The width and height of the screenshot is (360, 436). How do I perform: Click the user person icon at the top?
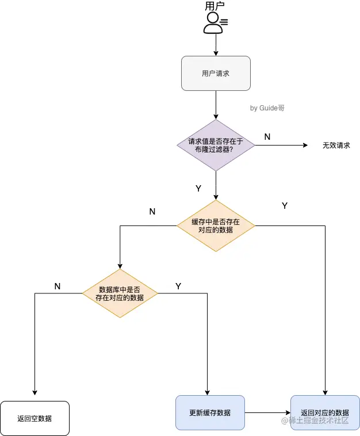tap(215, 22)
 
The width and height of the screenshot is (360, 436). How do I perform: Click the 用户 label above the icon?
tap(215, 6)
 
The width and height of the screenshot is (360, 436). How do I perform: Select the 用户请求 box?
tap(216, 73)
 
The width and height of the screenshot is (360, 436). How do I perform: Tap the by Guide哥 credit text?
tap(267, 108)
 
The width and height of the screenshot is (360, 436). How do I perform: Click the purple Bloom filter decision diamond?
tap(216, 146)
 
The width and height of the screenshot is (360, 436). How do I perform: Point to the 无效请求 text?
tap(336, 146)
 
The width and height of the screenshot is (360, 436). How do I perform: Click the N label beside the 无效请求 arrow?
tap(267, 137)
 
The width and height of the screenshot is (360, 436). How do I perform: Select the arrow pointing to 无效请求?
tap(282, 146)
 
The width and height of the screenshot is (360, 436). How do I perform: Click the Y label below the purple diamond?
tap(198, 188)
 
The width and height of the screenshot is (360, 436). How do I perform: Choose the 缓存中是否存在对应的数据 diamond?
tap(216, 225)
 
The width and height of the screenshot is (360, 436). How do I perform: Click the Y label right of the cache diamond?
tap(284, 206)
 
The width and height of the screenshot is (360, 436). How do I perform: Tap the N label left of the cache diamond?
tap(152, 212)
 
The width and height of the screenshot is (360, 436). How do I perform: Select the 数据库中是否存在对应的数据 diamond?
tap(120, 293)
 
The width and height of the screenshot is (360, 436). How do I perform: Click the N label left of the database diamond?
tap(57, 286)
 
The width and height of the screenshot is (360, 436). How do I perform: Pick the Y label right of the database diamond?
tap(178, 286)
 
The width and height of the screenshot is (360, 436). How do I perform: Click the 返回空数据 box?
tap(35, 418)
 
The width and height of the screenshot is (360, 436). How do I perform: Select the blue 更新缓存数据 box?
tap(210, 412)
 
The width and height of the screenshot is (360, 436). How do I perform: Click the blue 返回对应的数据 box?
tap(325, 412)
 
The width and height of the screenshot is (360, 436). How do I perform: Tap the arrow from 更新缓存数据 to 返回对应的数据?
tap(267, 412)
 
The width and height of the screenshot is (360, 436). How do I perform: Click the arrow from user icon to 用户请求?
tap(216, 45)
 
